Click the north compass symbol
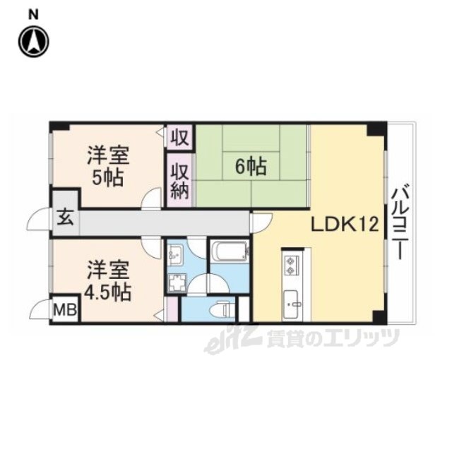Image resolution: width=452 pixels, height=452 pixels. coord(34,42)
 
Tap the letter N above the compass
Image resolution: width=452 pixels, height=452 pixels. coord(33,15)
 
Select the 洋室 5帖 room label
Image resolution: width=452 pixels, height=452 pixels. coord(108,167)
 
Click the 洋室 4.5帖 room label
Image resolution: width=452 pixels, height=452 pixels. coord(107,281)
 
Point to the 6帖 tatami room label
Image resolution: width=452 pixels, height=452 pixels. coord(251,167)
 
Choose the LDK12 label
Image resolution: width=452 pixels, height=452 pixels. coord(345,224)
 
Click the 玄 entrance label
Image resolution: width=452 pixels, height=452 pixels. coord(65,218)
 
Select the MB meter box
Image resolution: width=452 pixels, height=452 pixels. coord(66,310)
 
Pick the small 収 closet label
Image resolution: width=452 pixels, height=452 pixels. coord(179,138)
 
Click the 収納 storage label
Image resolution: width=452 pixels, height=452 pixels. coord(179,181)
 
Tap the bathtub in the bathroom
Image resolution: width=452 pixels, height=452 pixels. coord(230,251)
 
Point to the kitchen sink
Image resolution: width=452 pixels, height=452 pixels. coord(291,304)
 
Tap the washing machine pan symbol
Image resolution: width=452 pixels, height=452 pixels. coord(177,283)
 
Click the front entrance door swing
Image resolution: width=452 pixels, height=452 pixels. coord(37,219)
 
